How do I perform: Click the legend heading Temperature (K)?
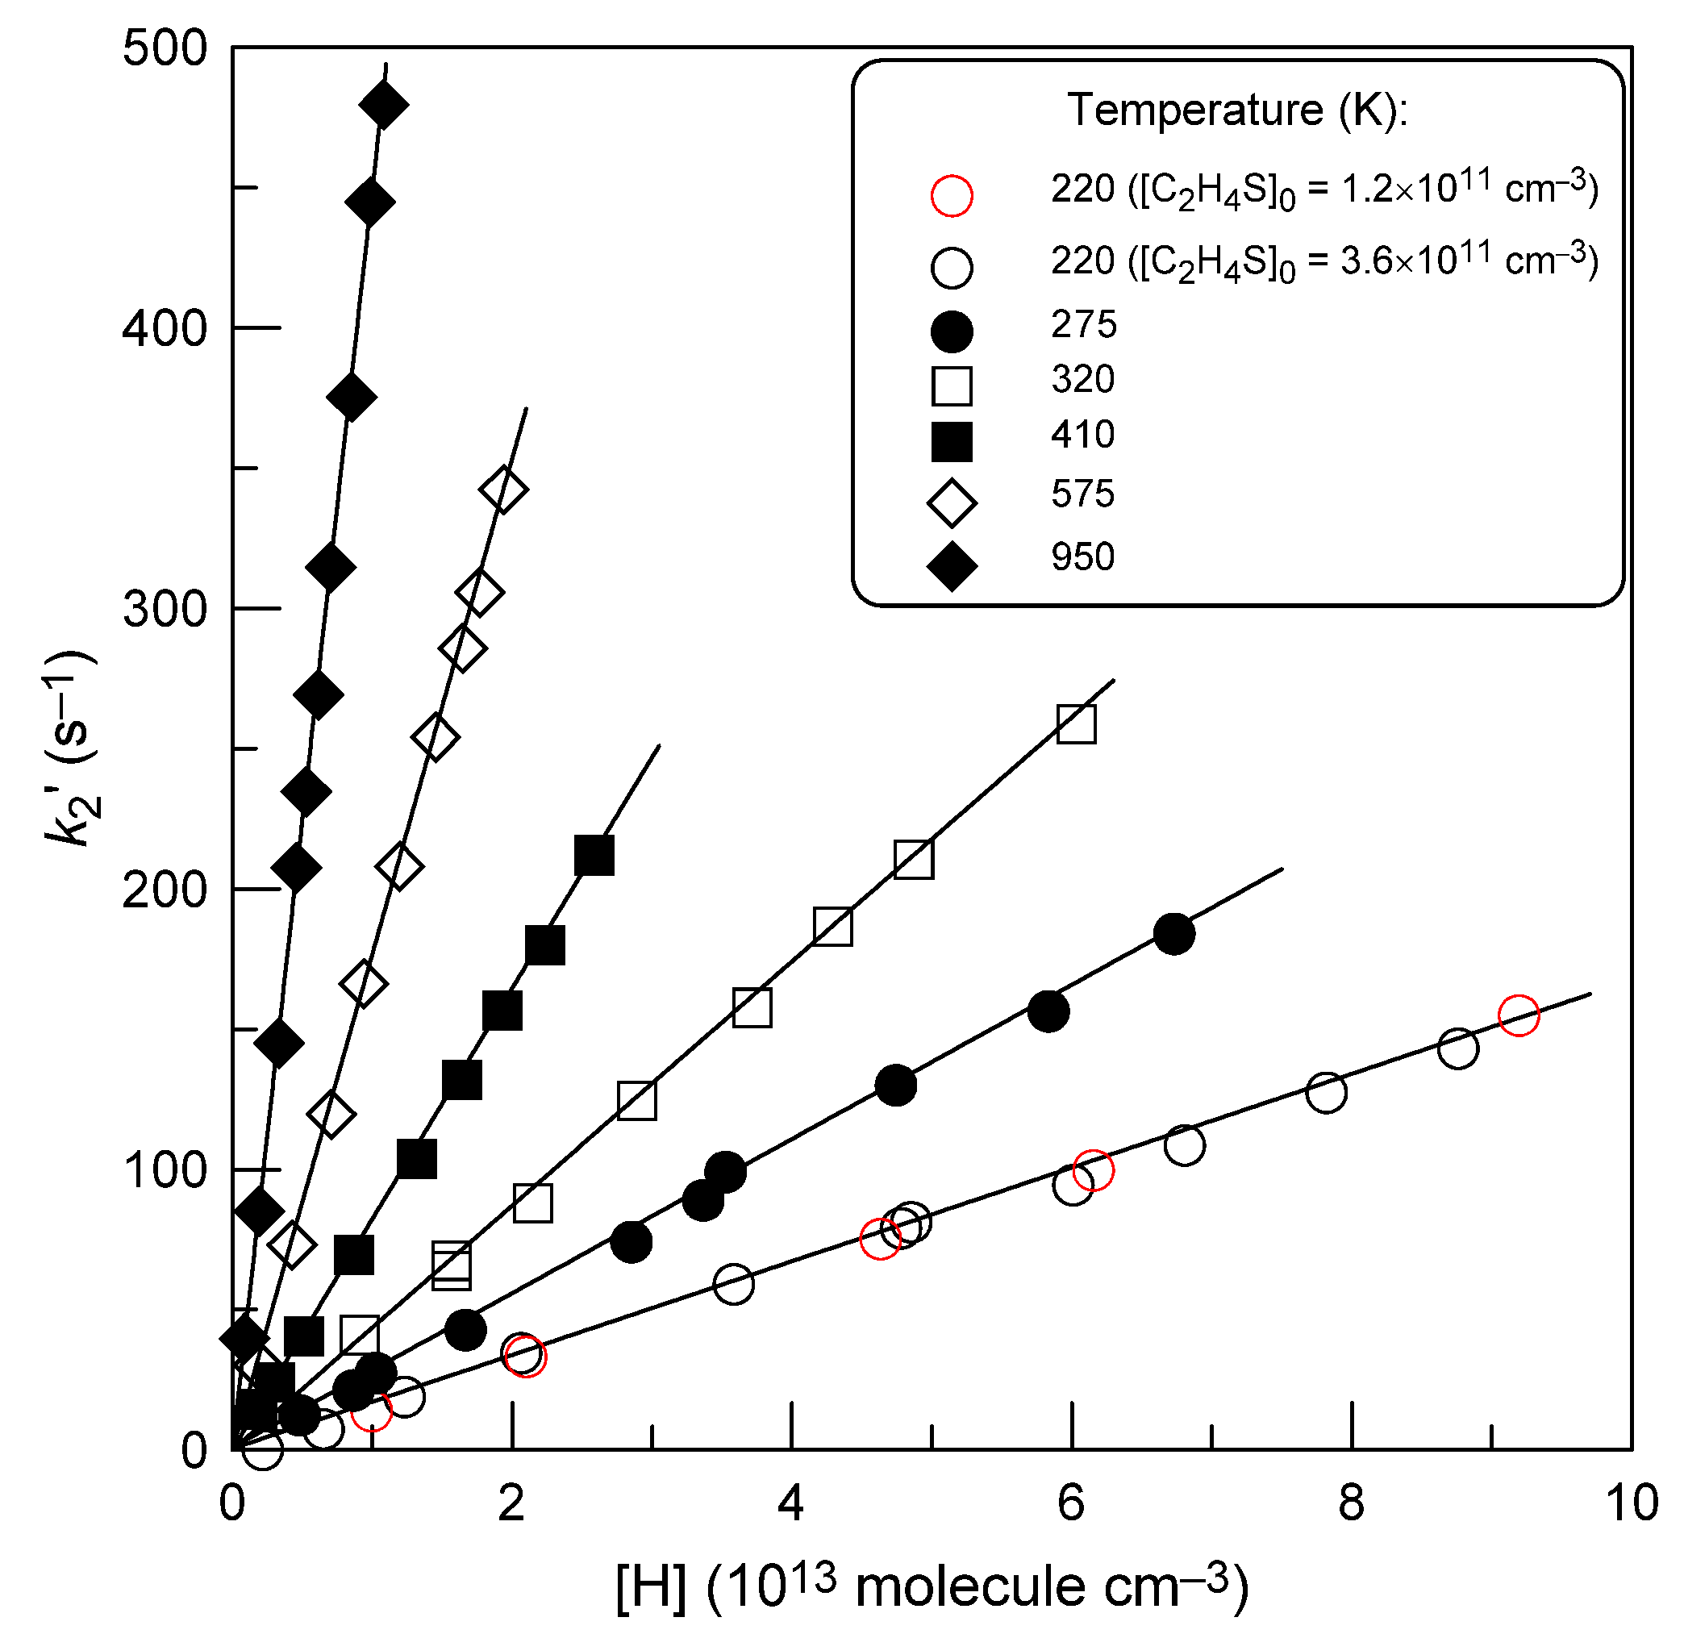1237,110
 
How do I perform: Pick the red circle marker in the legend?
951,195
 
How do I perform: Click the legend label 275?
1082,325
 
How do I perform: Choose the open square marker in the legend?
951,386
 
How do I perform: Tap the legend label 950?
1082,556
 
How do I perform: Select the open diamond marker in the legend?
951,502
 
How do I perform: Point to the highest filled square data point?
594,855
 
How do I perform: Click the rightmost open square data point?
1076,724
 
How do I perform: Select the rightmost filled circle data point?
1173,933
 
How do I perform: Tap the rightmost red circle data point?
1518,1015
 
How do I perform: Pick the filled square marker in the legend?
951,442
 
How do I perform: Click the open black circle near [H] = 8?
1326,1092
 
